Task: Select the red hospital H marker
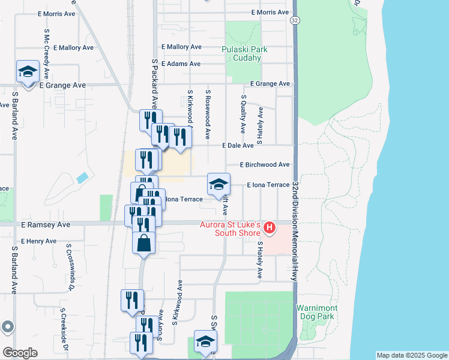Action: [x=270, y=227]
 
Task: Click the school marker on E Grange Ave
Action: [x=27, y=73]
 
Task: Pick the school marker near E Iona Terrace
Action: [x=218, y=184]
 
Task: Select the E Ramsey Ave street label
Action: [x=46, y=224]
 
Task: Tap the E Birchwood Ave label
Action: [x=265, y=164]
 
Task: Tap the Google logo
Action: [x=20, y=353]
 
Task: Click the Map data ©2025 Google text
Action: [x=411, y=355]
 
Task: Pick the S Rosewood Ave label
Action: [x=208, y=114]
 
